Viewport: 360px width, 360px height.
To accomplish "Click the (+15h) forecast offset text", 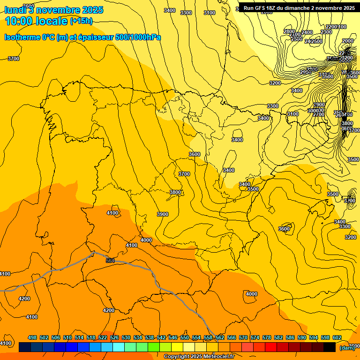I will coord(81,21).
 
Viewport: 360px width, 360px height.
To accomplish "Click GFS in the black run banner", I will coord(260,8).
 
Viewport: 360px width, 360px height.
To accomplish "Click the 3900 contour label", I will coord(162,214).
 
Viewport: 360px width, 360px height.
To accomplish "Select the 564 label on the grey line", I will coord(110,261).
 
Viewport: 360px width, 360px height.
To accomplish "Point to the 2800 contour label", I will coord(289,31).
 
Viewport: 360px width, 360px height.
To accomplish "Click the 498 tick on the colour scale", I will coord(32,337).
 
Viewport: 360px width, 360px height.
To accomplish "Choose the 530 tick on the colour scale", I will coord(126,337).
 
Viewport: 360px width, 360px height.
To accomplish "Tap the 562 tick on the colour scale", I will coord(220,337).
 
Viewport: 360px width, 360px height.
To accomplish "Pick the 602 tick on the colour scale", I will coord(337,337).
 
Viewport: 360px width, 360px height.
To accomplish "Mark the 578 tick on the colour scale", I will coord(267,337).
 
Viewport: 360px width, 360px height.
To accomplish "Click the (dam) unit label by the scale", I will coord(347,347).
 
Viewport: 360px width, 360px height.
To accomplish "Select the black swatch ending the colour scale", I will coord(330,347).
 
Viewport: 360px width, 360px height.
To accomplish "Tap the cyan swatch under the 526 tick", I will coord(119,347).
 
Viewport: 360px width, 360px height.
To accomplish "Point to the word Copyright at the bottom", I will coord(176,357).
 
